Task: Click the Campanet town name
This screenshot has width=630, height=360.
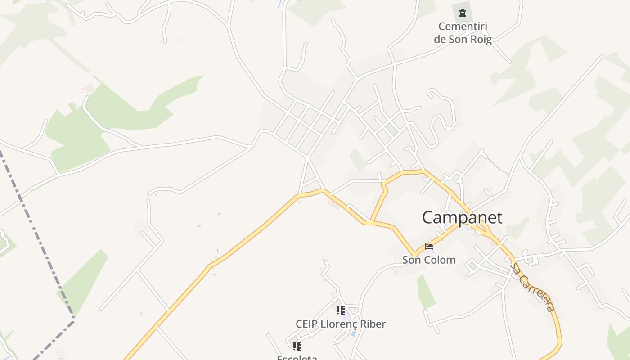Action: pos(462,218)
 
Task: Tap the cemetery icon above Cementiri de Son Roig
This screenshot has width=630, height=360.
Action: pos(463,13)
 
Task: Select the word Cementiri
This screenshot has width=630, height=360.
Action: pos(463,27)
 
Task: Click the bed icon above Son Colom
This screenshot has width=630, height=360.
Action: pos(428,247)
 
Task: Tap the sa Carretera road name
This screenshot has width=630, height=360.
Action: pos(533,288)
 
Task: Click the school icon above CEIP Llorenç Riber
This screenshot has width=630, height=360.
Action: pos(341,310)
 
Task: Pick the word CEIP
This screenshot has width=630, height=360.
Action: pos(306,324)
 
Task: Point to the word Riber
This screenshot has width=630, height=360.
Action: pos(373,324)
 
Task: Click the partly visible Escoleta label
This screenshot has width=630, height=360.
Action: pos(297,358)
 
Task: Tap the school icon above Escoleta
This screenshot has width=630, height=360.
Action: pos(297,346)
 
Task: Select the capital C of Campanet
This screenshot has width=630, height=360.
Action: pos(428,218)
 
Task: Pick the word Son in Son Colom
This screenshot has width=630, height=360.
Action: pos(411,260)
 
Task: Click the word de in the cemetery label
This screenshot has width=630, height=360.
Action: pos(440,39)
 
